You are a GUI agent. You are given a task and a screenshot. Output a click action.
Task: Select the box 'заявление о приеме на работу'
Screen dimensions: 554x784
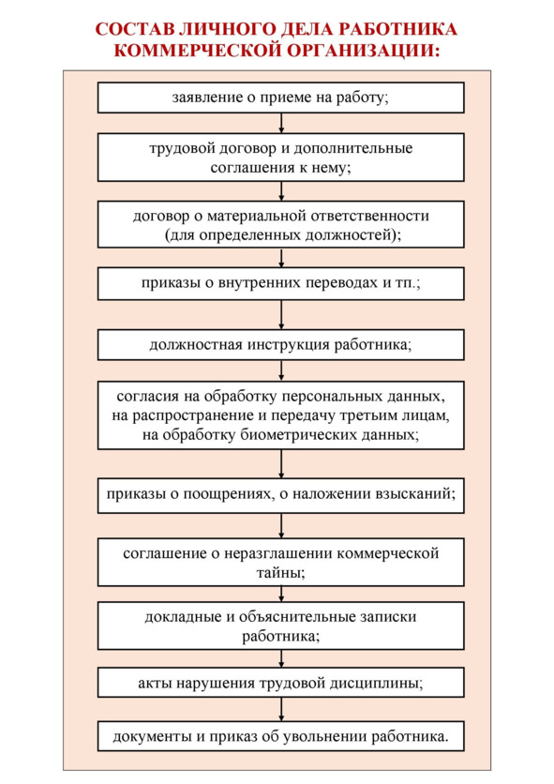point(280,98)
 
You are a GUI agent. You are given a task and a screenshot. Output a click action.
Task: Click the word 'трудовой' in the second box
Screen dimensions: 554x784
point(178,148)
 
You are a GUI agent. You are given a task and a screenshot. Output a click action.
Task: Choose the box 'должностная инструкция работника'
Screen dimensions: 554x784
point(280,345)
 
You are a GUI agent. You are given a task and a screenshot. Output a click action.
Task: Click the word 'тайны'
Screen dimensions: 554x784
point(280,572)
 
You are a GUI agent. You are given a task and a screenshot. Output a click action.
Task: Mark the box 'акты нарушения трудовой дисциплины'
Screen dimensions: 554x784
point(280,683)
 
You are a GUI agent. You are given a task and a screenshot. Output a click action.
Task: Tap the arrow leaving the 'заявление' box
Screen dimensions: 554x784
point(281,123)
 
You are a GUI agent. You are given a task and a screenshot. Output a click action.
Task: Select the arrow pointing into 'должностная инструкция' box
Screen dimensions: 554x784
point(281,314)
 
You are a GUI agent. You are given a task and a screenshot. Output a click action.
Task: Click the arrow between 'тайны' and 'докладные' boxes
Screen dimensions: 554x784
point(281,594)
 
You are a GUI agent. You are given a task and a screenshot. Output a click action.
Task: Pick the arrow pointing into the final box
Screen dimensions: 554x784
point(281,709)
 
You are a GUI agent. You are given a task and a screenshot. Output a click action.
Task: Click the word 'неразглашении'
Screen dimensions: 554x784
point(277,553)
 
